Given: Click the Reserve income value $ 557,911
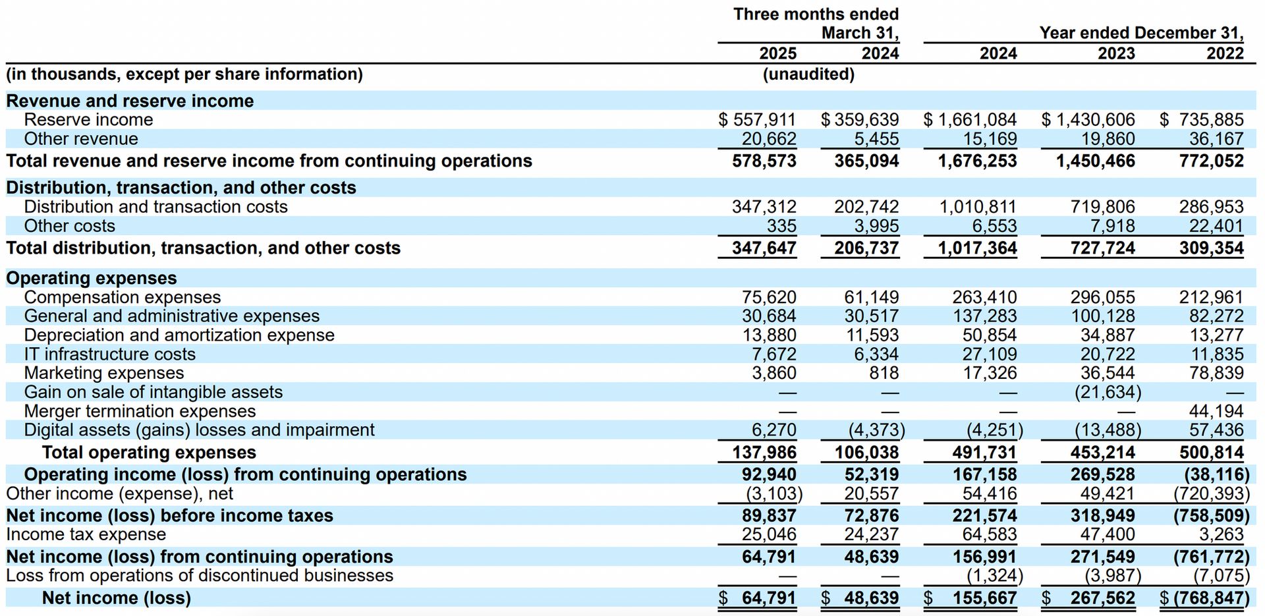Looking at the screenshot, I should point(757,120).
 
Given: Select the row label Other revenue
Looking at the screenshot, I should point(81,139).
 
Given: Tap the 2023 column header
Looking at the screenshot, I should point(1116,53).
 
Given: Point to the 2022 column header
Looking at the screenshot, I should point(1225,53).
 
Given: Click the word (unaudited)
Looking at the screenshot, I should point(808,74).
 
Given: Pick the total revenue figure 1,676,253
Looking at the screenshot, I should point(977,161).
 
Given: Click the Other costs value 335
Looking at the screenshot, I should point(781,226).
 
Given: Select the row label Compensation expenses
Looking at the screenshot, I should point(123,297).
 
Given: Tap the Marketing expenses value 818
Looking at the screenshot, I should point(884,373).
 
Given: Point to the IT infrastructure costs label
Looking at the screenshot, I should point(110,354).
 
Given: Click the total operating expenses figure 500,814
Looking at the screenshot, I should point(1211,453).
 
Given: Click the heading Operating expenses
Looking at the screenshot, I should point(92,278).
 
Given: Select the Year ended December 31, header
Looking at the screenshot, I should point(1141,33).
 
